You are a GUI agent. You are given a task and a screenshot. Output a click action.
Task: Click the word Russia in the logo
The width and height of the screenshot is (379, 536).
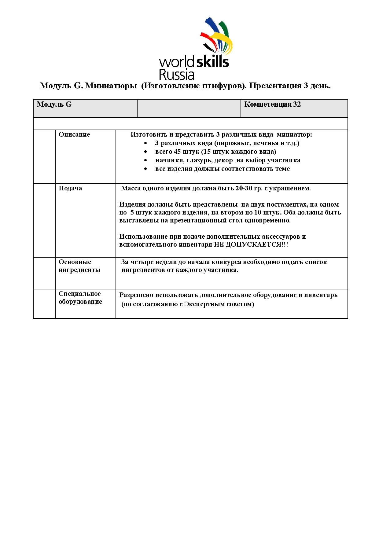tap(177, 74)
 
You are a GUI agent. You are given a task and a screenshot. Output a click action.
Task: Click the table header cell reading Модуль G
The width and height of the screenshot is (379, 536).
tap(54, 105)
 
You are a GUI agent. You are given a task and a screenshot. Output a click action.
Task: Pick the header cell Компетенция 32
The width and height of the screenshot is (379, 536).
tap(272, 105)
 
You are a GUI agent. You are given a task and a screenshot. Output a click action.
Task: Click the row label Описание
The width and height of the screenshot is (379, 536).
tap(74, 135)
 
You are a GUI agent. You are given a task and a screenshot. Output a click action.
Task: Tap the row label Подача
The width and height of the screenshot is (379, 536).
tap(70, 188)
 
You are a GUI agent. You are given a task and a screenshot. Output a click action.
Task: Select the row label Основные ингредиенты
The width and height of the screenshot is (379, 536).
tap(79, 266)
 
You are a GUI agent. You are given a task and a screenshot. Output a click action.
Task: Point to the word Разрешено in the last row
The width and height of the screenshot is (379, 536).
tap(136, 295)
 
